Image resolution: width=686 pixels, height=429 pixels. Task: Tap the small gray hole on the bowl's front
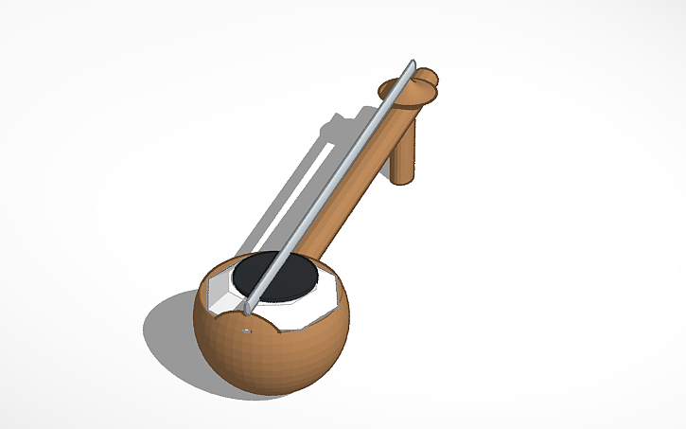(246, 331)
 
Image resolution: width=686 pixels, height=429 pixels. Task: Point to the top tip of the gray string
(413, 63)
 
